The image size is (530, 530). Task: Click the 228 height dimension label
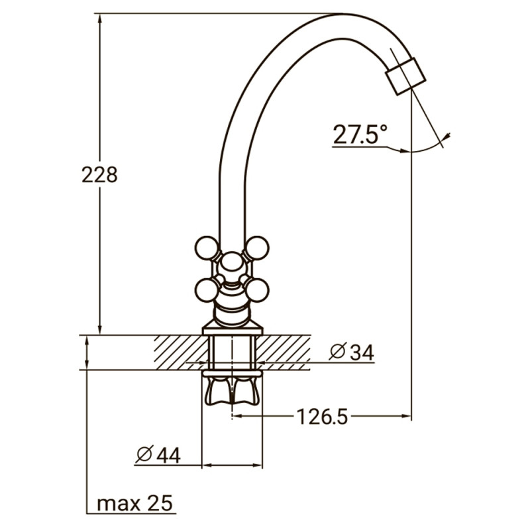click(99, 175)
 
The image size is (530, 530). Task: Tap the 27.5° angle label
click(359, 135)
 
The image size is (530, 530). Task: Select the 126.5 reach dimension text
click(321, 417)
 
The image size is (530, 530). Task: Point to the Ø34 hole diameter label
click(352, 353)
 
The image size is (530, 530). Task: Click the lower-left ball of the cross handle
click(207, 289)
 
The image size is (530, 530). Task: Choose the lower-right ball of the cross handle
click(257, 289)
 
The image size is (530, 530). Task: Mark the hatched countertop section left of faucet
click(178, 351)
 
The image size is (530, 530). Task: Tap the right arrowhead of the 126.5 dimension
click(407, 417)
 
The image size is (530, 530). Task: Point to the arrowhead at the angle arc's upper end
click(449, 136)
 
